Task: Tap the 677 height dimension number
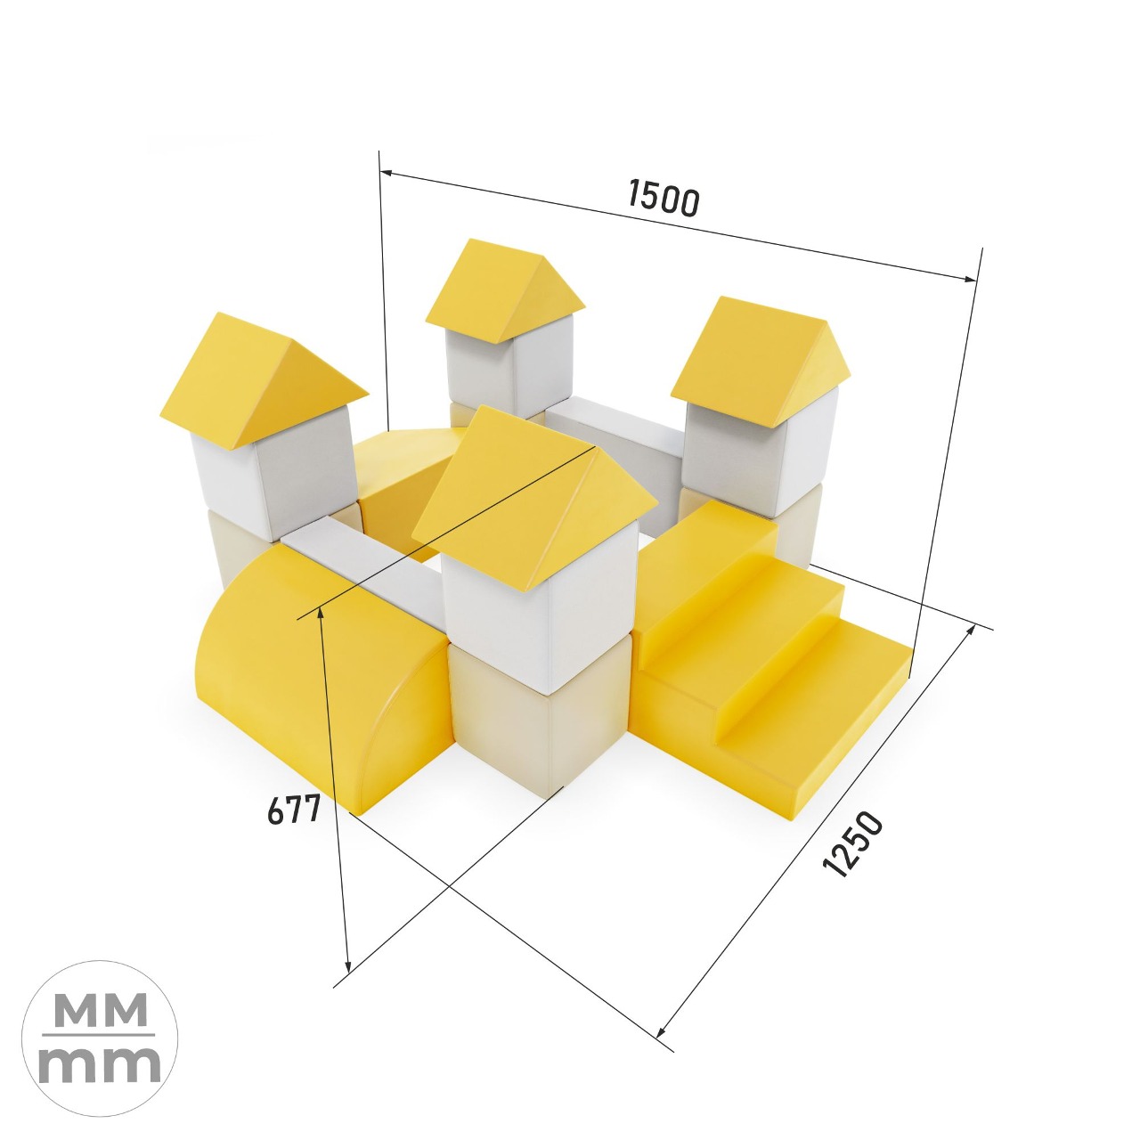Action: pyautogui.click(x=293, y=809)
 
